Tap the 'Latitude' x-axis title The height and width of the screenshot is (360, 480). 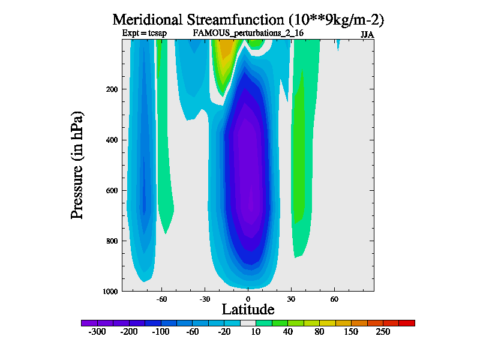point(248,309)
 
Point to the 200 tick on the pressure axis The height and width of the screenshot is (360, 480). point(112,89)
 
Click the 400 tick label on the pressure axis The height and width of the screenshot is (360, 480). point(112,140)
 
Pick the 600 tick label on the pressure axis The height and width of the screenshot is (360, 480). point(112,191)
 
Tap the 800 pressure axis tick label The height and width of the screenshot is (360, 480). point(112,241)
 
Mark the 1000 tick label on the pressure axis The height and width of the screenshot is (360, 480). point(110,292)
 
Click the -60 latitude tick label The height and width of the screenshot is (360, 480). point(161,298)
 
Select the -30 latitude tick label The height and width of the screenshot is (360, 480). point(205,298)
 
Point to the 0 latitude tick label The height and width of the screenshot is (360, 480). point(248,298)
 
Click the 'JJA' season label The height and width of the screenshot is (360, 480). point(367,34)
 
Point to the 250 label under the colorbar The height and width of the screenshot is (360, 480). point(383,332)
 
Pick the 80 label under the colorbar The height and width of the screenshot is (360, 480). point(319,332)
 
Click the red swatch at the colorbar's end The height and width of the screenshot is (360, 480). point(407,323)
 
